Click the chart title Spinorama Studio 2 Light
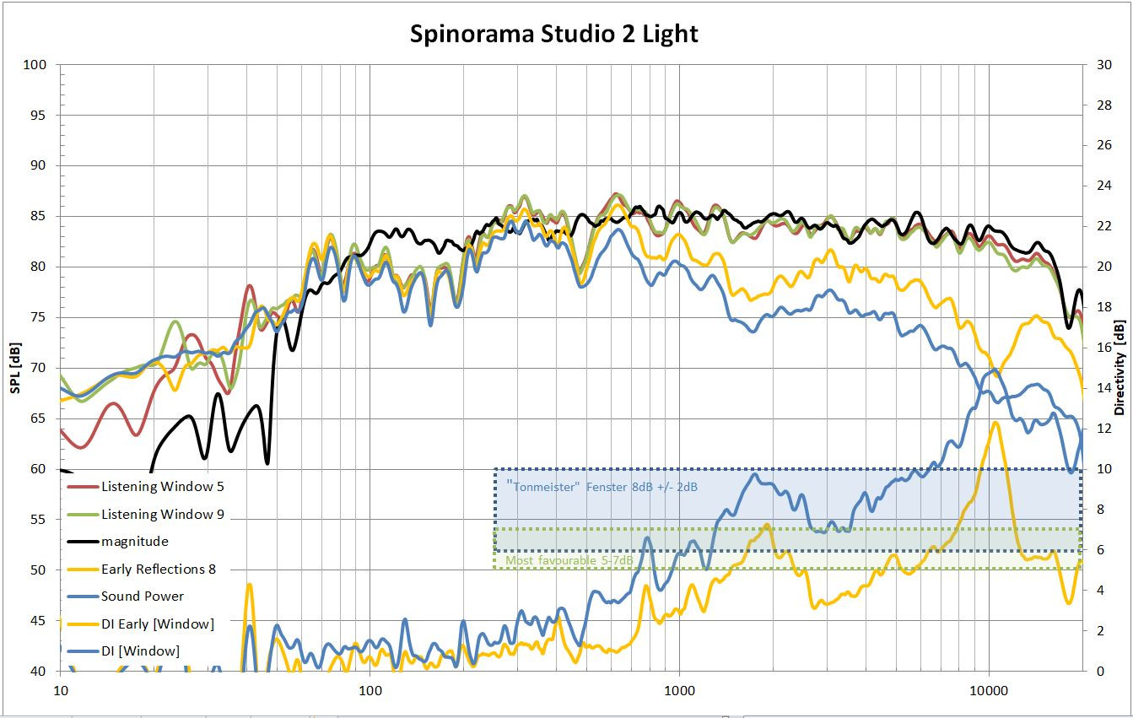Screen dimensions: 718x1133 (x=554, y=34)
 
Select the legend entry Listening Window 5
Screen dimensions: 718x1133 (x=162, y=487)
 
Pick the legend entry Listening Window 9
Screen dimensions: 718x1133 (x=162, y=514)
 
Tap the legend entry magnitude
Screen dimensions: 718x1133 (x=134, y=542)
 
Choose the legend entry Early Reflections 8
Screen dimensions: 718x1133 (x=158, y=569)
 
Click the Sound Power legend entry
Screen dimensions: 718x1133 (x=142, y=596)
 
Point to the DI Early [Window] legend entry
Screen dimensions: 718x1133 (x=157, y=624)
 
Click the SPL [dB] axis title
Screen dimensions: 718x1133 (x=14, y=368)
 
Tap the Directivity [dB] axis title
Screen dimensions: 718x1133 (x=1120, y=368)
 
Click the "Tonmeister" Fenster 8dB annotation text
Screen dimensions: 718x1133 (x=602, y=487)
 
